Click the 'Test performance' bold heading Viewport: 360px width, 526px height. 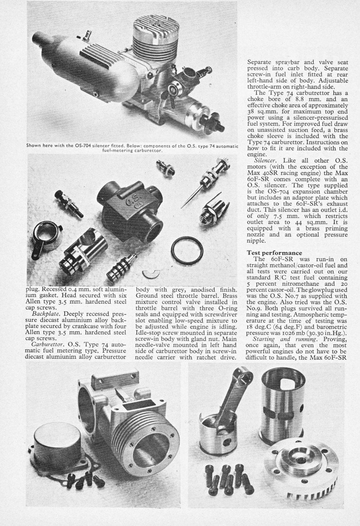pyautogui.click(x=272, y=253)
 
